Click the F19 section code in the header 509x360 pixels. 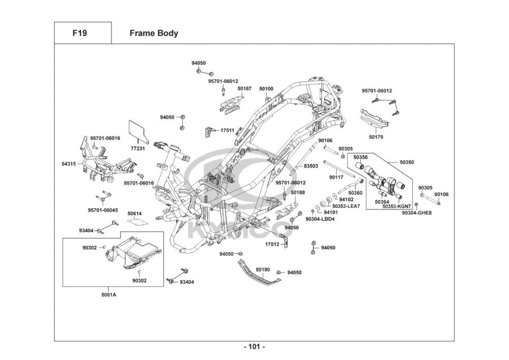click(x=79, y=33)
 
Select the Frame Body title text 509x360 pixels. click(x=154, y=33)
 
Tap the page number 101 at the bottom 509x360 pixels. click(x=254, y=347)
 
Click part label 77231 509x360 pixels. click(x=137, y=149)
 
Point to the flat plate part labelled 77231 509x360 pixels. click(x=138, y=131)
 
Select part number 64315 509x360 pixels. click(x=69, y=164)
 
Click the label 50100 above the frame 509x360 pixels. click(x=266, y=89)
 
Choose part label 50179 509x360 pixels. click(x=376, y=137)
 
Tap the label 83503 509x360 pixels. click(x=310, y=166)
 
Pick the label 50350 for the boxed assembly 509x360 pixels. click(x=407, y=162)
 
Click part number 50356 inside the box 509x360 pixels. click(x=360, y=157)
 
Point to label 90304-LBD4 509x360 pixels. click(x=320, y=219)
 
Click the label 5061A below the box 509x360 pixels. click(x=108, y=295)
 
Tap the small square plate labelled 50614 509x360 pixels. click(x=136, y=221)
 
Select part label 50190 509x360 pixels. click(x=263, y=270)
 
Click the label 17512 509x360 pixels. click(x=272, y=244)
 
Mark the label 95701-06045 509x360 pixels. click(x=103, y=210)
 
